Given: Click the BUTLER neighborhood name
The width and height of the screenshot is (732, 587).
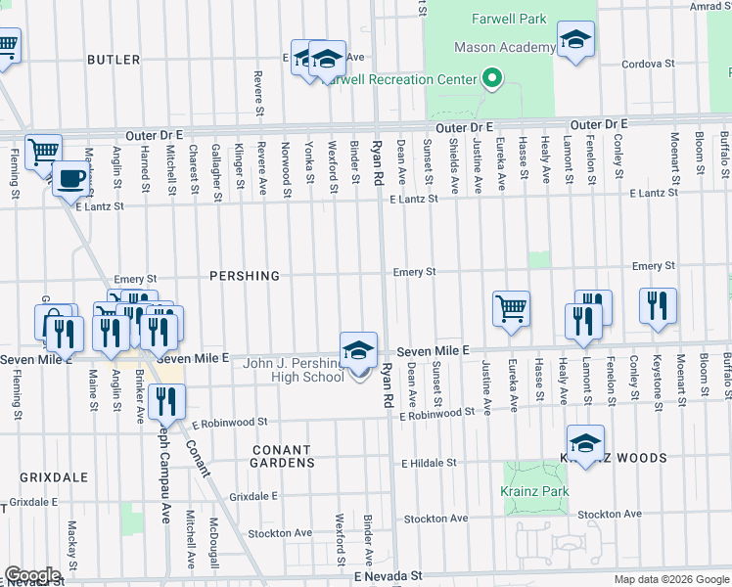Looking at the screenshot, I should pyautogui.click(x=114, y=60).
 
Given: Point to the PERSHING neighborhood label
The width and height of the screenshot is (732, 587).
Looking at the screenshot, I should pyautogui.click(x=245, y=276).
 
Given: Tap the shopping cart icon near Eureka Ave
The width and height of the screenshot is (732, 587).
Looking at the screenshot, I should pyautogui.click(x=511, y=308).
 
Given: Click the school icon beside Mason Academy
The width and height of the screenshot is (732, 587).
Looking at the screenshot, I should pyautogui.click(x=576, y=39).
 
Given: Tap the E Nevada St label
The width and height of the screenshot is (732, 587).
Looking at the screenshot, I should pyautogui.click(x=388, y=577).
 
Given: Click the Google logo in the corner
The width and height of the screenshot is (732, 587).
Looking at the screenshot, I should pyautogui.click(x=33, y=575).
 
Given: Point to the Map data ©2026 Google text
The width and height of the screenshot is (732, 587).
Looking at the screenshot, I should pyautogui.click(x=671, y=579).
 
